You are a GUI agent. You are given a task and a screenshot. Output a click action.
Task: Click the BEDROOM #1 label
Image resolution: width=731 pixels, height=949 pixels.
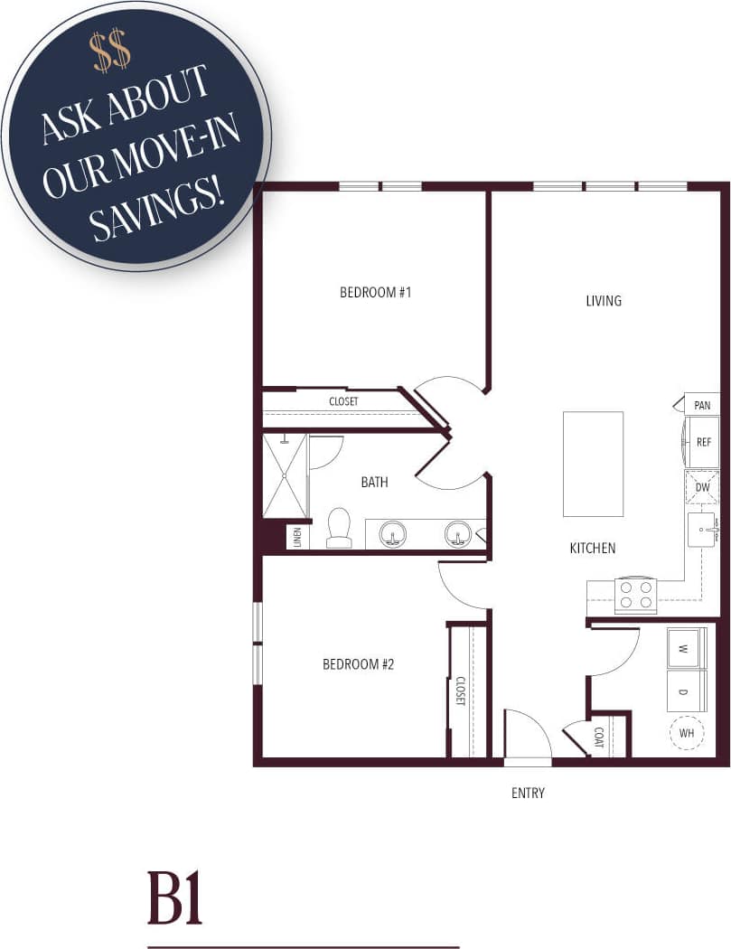375,292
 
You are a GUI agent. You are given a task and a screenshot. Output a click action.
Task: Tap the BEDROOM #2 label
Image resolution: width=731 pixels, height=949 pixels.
359,664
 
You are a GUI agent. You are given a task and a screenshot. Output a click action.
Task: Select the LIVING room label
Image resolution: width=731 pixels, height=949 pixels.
604,300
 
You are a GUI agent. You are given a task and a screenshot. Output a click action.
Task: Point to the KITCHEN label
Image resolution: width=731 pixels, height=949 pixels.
593,548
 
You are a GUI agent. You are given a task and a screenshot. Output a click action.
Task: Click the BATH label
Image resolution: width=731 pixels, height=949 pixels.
374,482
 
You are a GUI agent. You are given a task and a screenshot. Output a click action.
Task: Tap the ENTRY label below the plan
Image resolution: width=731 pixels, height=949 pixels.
528,794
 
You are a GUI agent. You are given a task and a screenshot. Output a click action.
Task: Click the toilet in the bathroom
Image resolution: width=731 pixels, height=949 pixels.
339,528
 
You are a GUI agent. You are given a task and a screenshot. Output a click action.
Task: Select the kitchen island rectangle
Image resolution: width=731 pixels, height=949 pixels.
593,464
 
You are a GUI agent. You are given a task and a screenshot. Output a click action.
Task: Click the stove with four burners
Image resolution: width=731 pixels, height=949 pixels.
635,596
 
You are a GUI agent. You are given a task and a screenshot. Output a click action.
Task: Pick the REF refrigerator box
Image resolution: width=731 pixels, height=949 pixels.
703,443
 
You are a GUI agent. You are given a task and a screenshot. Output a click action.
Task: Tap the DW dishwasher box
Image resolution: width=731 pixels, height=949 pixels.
702,487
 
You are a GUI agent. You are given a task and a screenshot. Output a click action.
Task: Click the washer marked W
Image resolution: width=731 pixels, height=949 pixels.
687,648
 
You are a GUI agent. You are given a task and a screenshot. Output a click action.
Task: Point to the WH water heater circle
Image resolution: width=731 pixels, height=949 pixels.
687,733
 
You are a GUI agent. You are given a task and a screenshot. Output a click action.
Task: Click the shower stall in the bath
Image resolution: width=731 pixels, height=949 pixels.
285,476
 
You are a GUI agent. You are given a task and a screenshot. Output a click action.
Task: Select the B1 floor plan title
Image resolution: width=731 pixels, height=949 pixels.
174,897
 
